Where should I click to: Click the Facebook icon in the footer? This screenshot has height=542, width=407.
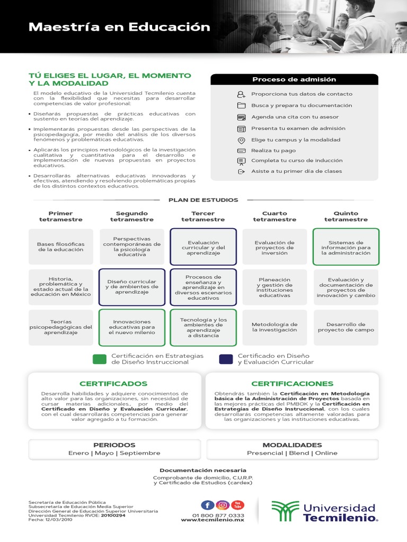pos(208,505)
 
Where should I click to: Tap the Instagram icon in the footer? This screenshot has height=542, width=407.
pos(223,505)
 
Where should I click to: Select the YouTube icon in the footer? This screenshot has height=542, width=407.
pos(238,505)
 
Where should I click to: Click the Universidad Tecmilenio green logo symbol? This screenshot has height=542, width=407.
pos(285,511)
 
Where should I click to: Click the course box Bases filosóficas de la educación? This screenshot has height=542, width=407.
pos(60,247)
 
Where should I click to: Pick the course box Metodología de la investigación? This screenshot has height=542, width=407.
pos(275,327)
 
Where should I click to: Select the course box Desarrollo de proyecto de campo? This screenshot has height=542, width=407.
pos(346,327)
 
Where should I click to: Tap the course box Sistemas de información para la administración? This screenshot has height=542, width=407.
pos(346,247)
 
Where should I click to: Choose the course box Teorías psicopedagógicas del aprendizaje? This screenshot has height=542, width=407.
pos(60,327)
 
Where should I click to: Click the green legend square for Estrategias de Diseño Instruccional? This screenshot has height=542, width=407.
pos(100,359)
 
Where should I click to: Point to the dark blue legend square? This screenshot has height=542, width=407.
pos(226,359)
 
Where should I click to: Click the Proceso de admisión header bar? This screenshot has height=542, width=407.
pos(294,79)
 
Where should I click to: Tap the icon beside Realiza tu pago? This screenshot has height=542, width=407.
pos(241,150)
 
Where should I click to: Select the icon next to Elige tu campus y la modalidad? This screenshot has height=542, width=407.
pos(241,140)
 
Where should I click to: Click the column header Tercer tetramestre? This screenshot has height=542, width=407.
pos(203,216)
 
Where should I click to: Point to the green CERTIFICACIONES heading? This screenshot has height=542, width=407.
pos(293,383)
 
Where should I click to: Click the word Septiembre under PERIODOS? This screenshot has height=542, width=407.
pos(140,453)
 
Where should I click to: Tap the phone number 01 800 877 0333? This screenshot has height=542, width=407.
pos(218,515)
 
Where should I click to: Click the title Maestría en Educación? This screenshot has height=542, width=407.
pos(119,27)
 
